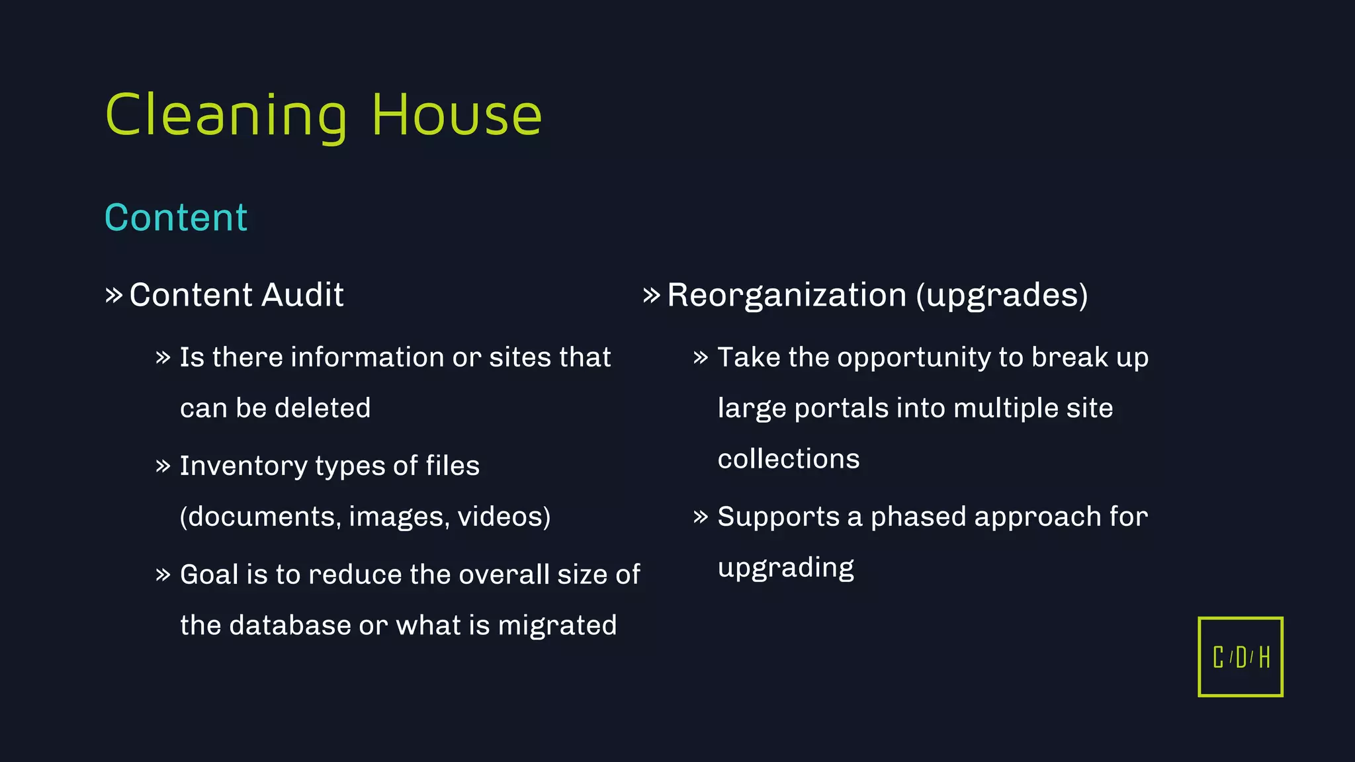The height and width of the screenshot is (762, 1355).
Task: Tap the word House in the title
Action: pos(457,116)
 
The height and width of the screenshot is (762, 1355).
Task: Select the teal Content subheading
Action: pos(176,218)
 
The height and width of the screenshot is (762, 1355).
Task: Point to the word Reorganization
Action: pos(787,295)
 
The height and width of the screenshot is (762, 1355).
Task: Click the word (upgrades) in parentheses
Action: pos(1002,295)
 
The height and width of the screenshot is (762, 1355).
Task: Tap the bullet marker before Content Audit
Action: pos(114,295)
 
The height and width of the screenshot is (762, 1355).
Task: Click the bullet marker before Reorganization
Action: pos(652,295)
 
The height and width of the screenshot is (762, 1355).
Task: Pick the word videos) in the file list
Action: pos(504,517)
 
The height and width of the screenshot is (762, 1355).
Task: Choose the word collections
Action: pos(789,459)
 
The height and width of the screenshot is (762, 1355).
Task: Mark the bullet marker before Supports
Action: pos(701,517)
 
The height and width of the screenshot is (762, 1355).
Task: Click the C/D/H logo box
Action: pos(1241,657)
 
